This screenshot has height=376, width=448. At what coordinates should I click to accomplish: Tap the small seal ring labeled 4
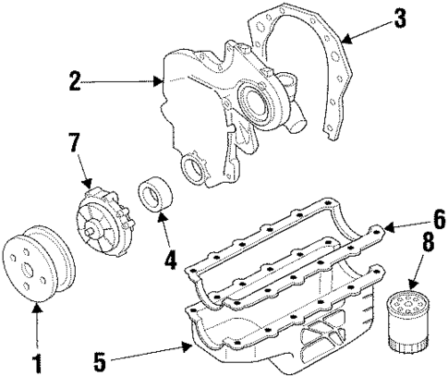[x=154, y=198]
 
